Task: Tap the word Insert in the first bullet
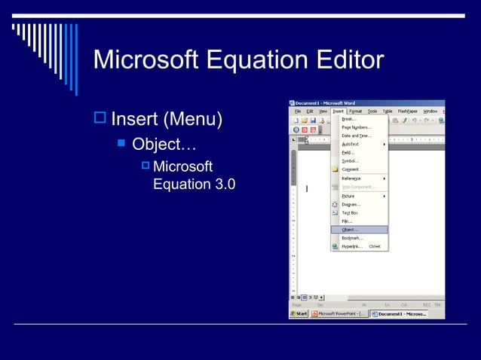coord(135,119)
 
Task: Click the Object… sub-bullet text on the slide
coord(164,143)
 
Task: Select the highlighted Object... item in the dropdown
coord(351,230)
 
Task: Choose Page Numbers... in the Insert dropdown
coord(356,127)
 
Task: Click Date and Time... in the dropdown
coord(356,136)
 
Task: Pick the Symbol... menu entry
coord(350,161)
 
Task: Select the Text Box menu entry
coord(350,212)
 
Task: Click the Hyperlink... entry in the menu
coord(352,246)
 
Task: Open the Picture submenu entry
coord(348,196)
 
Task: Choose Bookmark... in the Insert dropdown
coord(352,238)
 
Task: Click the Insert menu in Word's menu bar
coord(339,111)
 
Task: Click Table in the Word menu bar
coord(388,111)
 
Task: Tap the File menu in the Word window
coord(297,111)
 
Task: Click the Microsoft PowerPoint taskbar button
coord(340,313)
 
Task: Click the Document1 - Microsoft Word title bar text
coord(325,103)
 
